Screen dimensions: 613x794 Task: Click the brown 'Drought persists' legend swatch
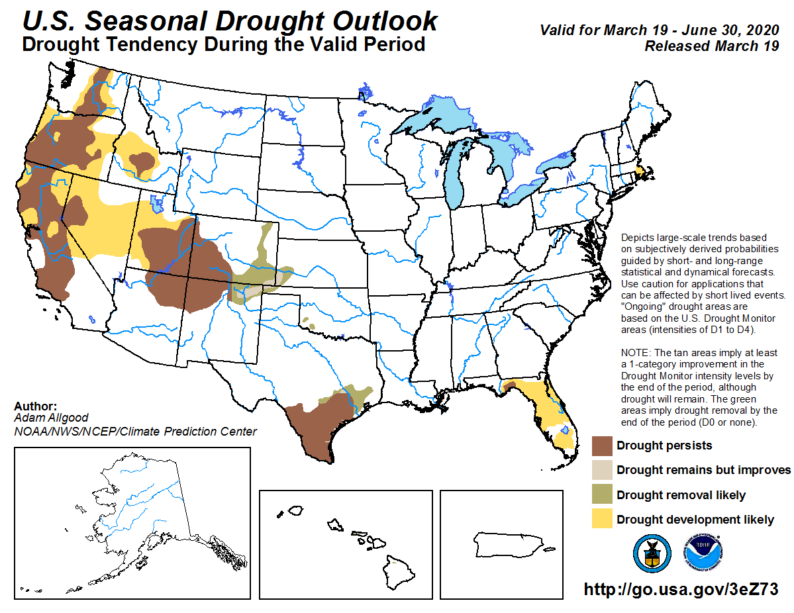point(602,446)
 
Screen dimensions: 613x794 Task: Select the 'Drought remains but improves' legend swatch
point(602,470)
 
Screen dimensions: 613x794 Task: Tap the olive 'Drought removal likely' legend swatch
point(602,495)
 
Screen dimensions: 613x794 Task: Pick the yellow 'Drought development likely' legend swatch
point(602,519)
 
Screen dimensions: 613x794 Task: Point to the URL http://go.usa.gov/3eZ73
point(680,589)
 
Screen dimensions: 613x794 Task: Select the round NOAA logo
point(703,553)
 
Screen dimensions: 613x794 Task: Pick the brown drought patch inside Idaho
point(141,161)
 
